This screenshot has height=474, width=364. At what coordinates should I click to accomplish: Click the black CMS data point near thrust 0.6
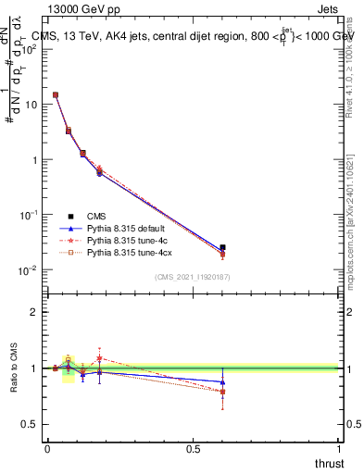coord(221,247)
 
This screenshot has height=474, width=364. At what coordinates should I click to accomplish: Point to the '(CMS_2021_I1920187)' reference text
coord(192,276)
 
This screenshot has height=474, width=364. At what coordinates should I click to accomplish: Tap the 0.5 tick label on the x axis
coord(193,449)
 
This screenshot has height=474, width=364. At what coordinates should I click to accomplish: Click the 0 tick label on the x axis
coord(47,449)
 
